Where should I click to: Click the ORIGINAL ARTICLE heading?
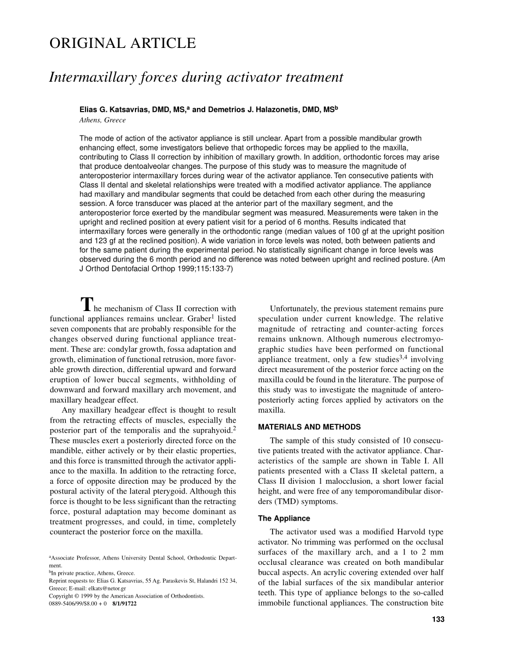tap(122, 44)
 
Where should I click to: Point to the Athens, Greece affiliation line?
tap(102, 120)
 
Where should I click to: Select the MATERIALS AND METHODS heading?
tap(309, 427)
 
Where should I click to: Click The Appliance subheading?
tap(284, 518)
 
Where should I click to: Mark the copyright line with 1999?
tap(127, 596)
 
